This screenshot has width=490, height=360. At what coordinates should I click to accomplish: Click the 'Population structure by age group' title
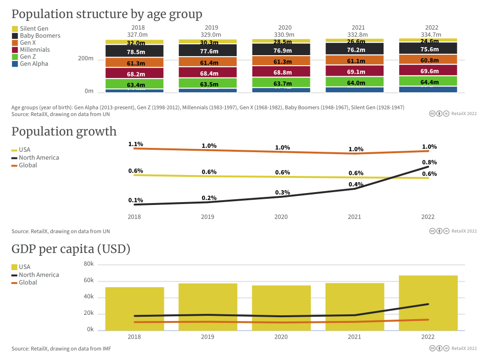pos(106,14)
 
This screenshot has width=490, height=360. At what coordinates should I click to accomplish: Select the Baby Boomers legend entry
pos(40,36)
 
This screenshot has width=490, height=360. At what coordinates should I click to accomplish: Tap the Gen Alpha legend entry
pos(34,64)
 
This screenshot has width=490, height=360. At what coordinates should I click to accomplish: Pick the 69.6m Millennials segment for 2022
pos(428,70)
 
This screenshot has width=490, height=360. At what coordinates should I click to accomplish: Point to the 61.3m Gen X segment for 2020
pos(281,61)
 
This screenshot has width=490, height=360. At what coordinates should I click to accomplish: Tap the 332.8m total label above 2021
pos(355,35)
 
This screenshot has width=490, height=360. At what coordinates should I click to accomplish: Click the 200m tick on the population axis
pos(86,59)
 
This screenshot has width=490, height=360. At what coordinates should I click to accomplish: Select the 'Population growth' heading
pos(64,131)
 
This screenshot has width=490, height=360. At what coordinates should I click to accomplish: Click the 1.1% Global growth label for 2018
pos(135,144)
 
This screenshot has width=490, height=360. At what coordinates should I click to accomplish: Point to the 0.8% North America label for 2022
pos(429,162)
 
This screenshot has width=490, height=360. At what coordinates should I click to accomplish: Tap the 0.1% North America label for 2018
pos(135,200)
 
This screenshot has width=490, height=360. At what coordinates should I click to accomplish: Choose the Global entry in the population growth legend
pos(28,165)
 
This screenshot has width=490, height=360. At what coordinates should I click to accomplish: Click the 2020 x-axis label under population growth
pos(281,217)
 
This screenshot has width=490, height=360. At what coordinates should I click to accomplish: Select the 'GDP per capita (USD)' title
pos(71,249)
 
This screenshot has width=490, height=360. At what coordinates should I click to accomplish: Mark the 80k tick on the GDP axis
pos(88,264)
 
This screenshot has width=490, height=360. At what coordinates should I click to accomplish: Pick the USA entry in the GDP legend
pos(24,267)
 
